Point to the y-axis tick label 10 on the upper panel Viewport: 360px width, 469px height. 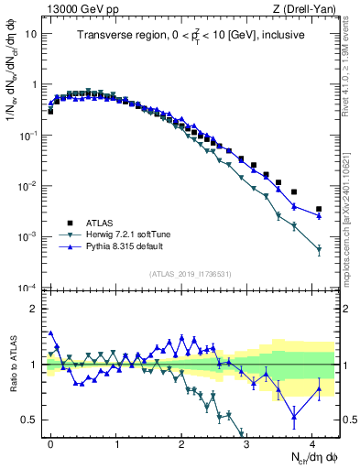pos(31,34)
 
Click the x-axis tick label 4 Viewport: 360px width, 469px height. pos(313,442)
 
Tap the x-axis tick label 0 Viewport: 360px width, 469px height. pos(50,442)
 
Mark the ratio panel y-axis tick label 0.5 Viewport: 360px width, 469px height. pos(30,420)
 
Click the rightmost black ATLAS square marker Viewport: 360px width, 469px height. pos(319,210)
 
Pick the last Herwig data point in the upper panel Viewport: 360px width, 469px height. pos(319,249)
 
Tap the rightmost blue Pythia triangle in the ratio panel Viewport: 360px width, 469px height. pos(319,387)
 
